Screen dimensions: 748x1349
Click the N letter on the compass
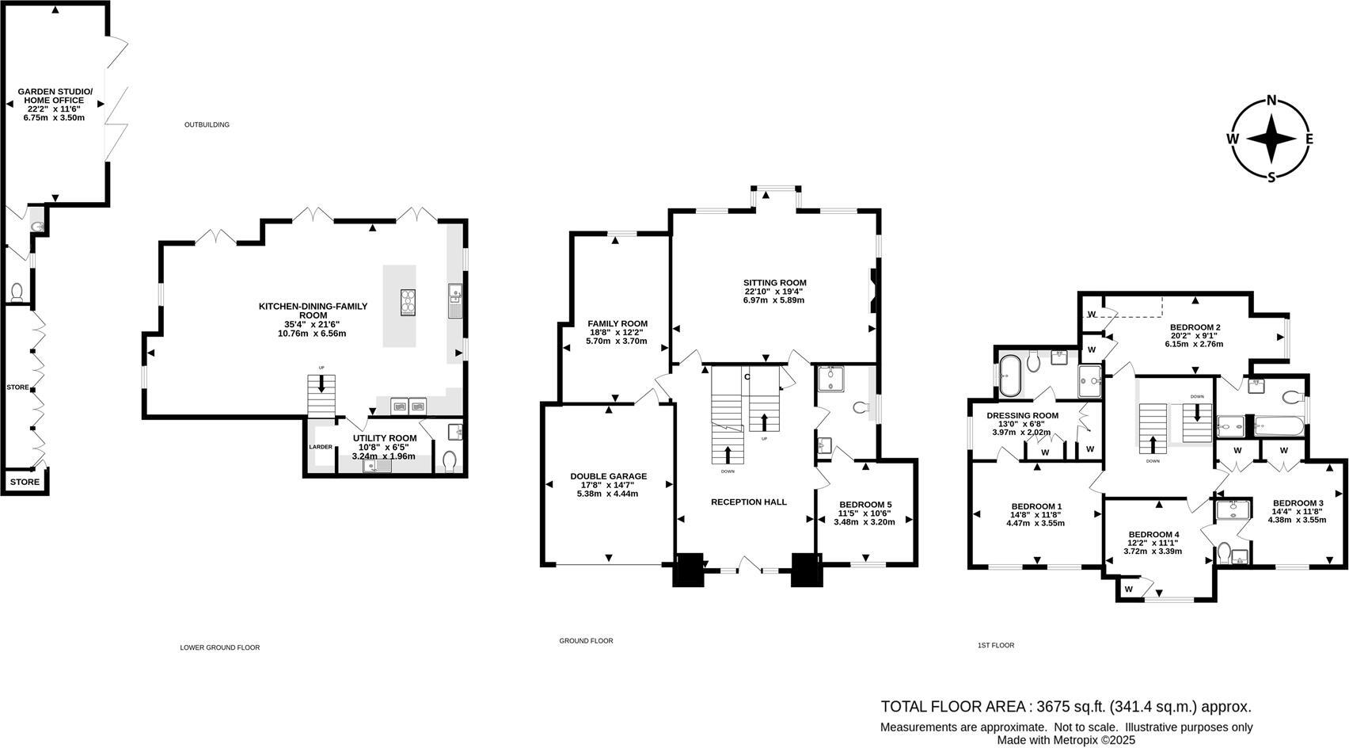click(x=1271, y=100)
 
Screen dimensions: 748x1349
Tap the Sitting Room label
click(x=774, y=283)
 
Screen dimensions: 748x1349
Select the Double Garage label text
click(x=608, y=476)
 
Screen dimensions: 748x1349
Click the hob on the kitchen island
click(x=408, y=302)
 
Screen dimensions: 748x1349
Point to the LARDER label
click(x=321, y=447)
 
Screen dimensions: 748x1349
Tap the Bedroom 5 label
click(x=865, y=505)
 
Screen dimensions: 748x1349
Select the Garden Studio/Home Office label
click(x=55, y=96)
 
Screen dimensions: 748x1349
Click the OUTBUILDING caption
click(x=207, y=124)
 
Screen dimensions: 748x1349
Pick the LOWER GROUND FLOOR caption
click(x=219, y=647)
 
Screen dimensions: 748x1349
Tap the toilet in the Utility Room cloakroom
click(x=450, y=460)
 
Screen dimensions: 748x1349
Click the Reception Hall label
click(x=748, y=502)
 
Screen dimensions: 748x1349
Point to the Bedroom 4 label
click(x=1153, y=534)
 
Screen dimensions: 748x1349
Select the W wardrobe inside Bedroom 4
click(x=1128, y=590)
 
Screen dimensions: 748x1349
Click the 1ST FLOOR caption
click(x=995, y=645)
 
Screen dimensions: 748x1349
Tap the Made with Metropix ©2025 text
click(x=1066, y=740)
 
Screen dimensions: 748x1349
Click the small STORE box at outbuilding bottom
click(x=24, y=482)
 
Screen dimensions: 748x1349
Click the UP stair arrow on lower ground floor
click(x=321, y=384)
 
